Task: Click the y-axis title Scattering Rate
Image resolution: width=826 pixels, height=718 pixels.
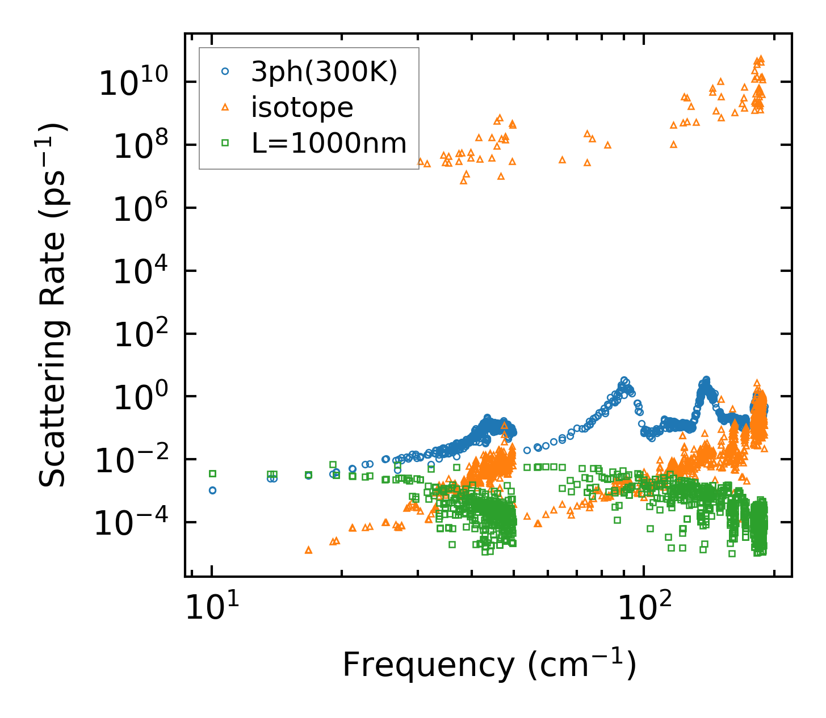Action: (52, 305)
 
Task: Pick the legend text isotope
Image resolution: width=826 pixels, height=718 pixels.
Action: (302, 107)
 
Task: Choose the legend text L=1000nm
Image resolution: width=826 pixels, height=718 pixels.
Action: (329, 143)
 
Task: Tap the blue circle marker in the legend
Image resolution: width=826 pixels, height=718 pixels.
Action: (225, 72)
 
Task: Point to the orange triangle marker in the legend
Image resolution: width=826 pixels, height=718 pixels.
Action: (225, 107)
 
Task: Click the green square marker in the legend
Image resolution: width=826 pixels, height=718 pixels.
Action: (225, 143)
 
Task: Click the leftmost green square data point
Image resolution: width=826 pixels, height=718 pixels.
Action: (212, 473)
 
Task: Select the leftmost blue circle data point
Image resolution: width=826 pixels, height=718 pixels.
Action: (212, 490)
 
